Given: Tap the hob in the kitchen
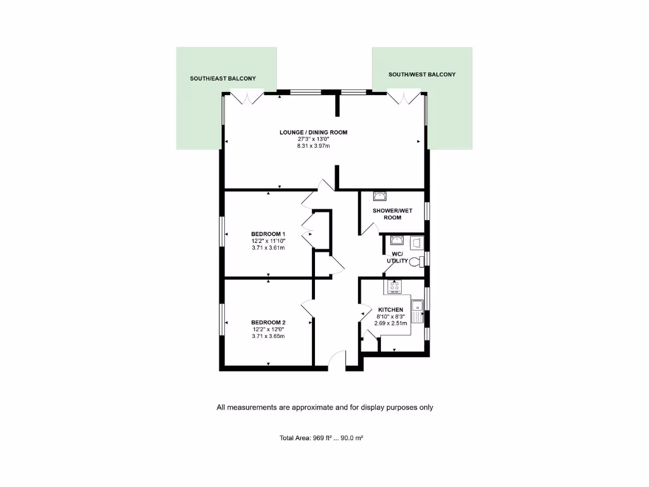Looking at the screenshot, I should [394, 287].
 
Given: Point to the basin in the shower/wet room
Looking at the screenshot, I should [380, 196].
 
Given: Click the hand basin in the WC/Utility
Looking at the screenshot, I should [396, 240].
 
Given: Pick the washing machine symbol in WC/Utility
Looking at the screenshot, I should [416, 242].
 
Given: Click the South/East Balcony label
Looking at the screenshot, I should [223, 79].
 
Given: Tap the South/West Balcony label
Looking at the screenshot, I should [421, 75].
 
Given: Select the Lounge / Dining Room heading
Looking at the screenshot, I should [314, 133].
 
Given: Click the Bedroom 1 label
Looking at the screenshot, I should [268, 234].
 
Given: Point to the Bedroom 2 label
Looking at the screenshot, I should [268, 323].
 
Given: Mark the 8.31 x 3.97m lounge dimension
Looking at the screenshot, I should [314, 146].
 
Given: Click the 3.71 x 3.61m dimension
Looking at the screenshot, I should [268, 248].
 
